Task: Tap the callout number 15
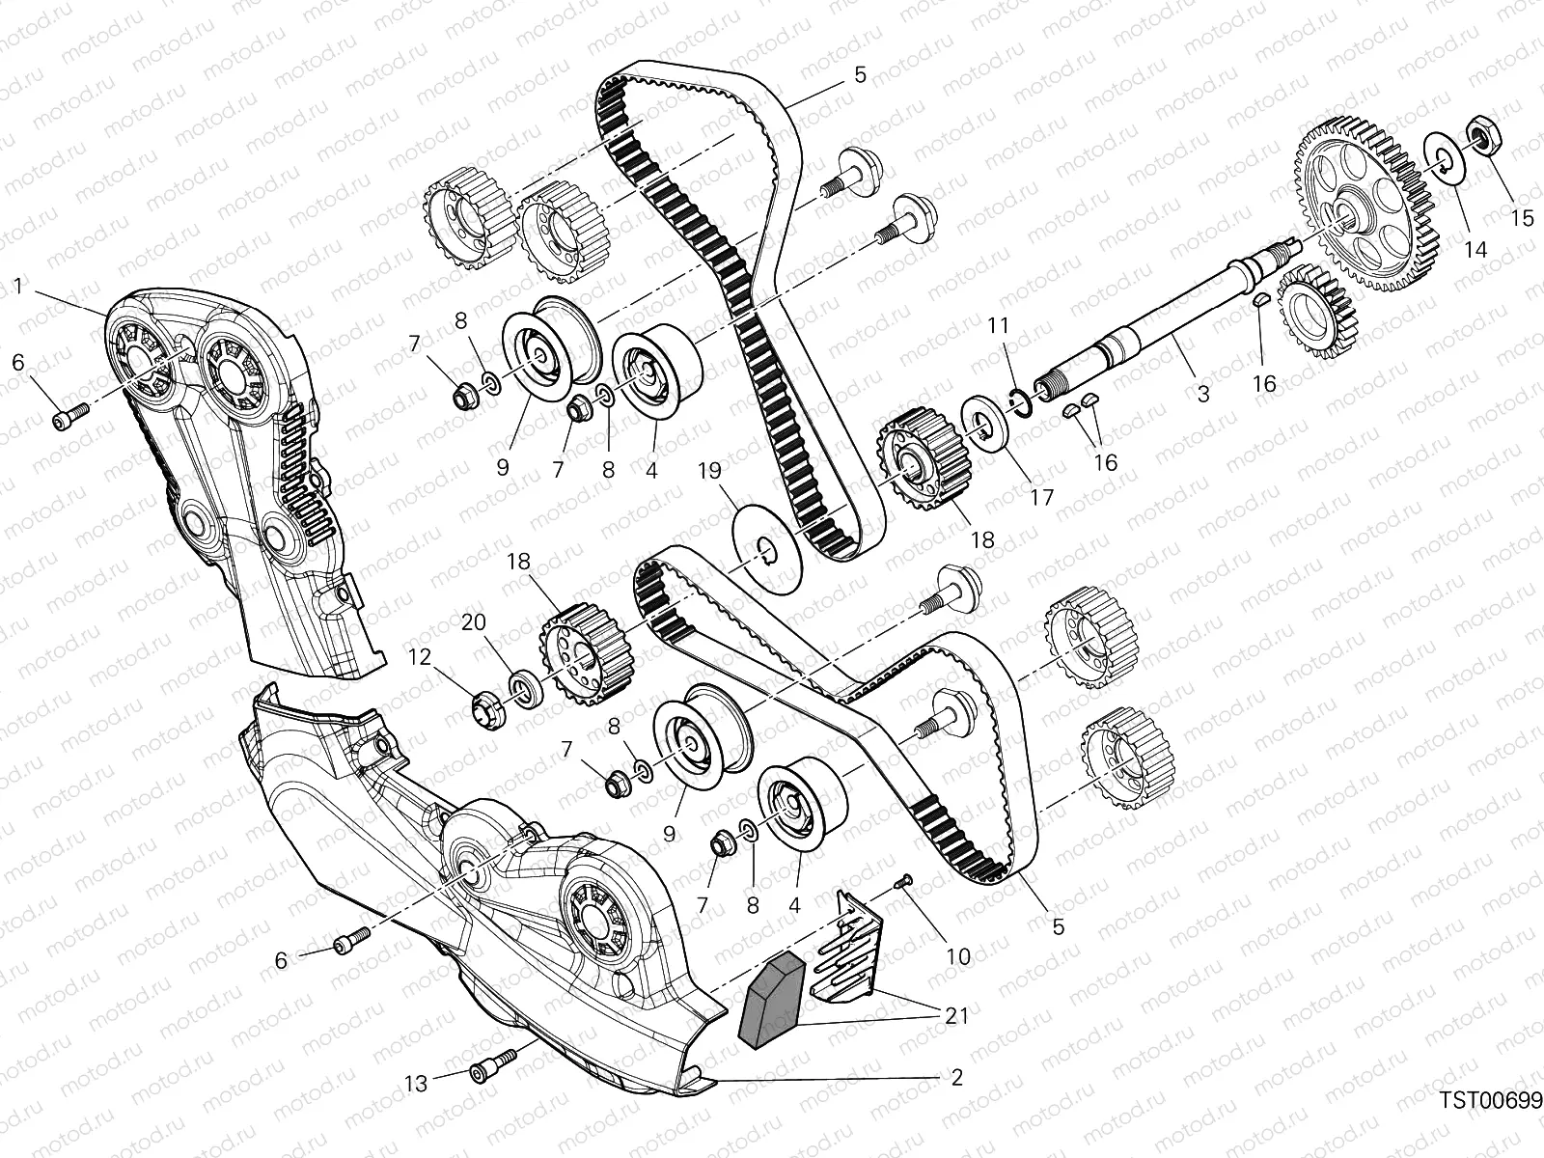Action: pyautogui.click(x=1522, y=219)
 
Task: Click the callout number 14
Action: pyautogui.click(x=1476, y=249)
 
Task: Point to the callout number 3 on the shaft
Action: pyautogui.click(x=1202, y=394)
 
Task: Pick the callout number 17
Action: pyautogui.click(x=1042, y=498)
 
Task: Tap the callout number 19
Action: pyautogui.click(x=709, y=472)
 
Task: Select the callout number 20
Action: pyautogui.click(x=473, y=623)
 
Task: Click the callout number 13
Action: pyautogui.click(x=416, y=1085)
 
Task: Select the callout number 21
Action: pyautogui.click(x=956, y=1014)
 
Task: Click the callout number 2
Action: pyautogui.click(x=956, y=1078)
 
